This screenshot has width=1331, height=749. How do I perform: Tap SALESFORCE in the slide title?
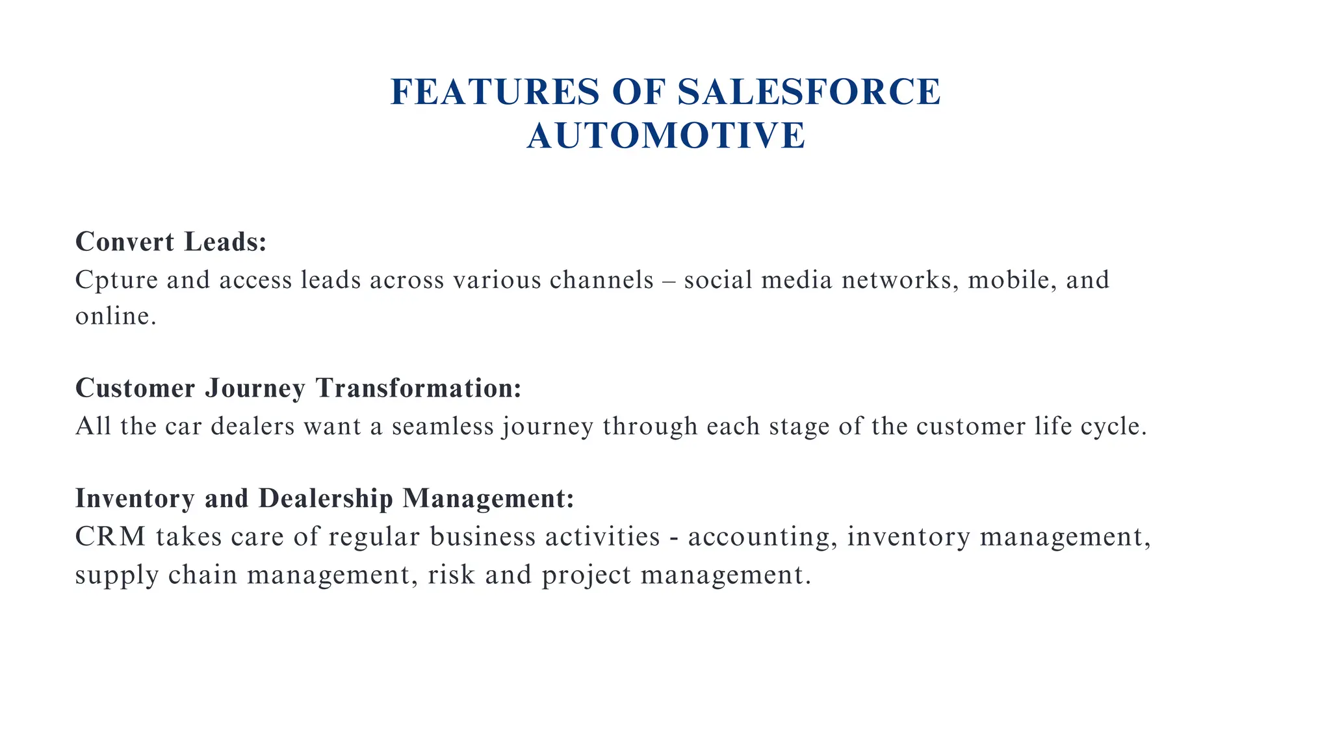click(x=809, y=92)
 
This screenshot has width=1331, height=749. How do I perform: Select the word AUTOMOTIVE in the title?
click(x=666, y=136)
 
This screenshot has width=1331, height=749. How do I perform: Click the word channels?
click(x=601, y=280)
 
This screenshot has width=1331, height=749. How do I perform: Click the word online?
click(x=116, y=317)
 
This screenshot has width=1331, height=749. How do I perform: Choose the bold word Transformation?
click(x=419, y=388)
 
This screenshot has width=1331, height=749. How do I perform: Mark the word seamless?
click(x=443, y=427)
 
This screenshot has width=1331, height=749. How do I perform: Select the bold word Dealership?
click(x=326, y=499)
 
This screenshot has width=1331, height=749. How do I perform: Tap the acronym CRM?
click(x=110, y=537)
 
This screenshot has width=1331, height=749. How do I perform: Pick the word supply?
click(x=116, y=576)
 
